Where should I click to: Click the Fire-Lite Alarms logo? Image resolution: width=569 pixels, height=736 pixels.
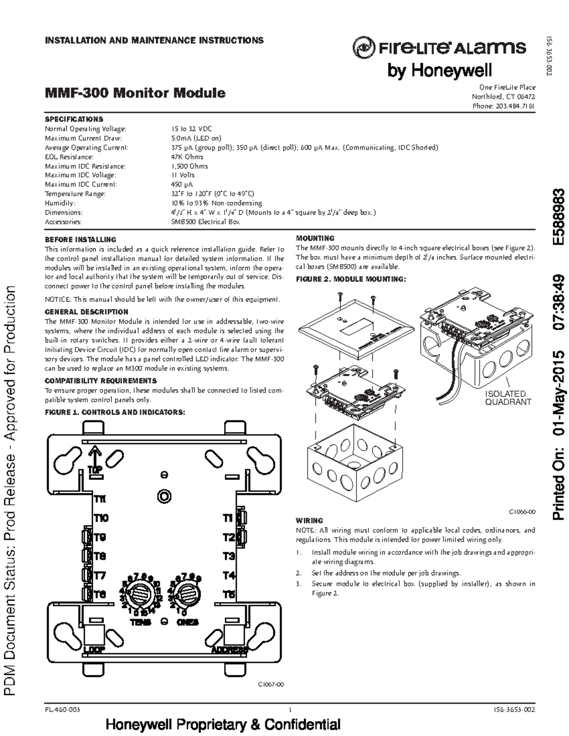(439, 48)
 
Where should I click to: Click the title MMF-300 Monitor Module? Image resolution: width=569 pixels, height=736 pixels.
(135, 92)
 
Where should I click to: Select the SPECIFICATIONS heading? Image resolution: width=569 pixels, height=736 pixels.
(73, 119)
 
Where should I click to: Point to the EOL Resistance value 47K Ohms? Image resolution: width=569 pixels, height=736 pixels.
(187, 157)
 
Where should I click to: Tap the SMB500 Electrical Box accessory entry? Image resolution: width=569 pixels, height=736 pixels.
(205, 222)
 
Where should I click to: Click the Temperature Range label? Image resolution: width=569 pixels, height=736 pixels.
(75, 194)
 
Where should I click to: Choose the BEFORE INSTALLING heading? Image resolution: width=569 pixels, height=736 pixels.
(80, 240)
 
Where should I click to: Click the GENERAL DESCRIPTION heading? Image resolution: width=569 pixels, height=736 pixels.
(86, 312)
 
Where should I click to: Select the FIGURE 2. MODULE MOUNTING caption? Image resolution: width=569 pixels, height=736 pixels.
(351, 279)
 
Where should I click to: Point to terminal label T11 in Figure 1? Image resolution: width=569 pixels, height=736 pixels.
(100, 499)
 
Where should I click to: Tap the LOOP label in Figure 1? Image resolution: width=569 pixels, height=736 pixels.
(94, 650)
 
